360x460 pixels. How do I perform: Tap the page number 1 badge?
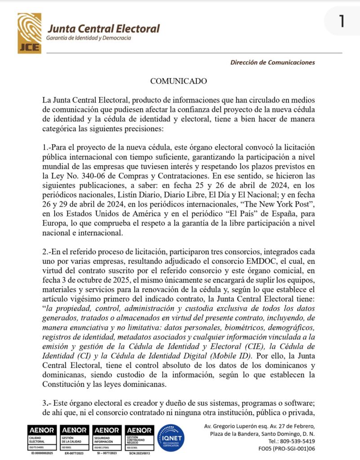[x=342, y=21]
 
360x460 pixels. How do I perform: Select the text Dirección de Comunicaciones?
[x=273, y=62]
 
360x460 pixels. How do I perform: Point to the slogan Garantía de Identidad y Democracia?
[x=89, y=38]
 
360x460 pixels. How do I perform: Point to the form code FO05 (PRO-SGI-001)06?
[x=287, y=448]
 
